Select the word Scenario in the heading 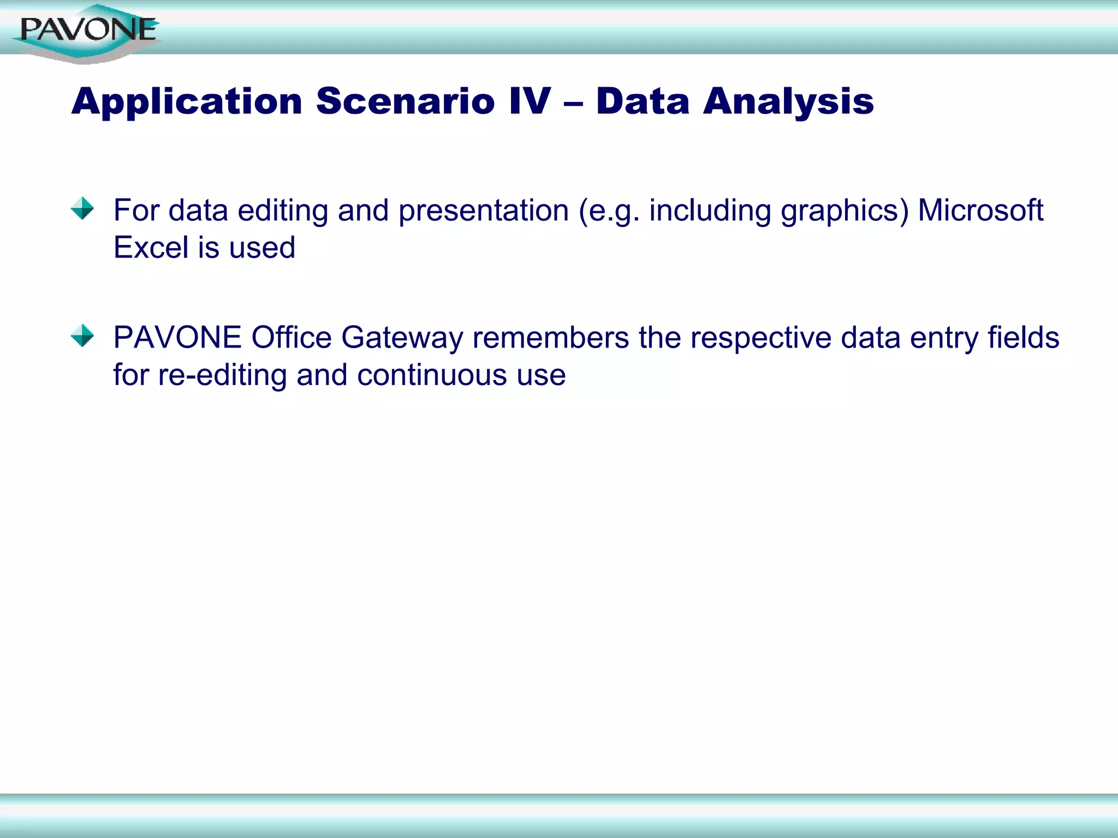pyautogui.click(x=405, y=102)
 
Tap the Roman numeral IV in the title pyautogui.click(x=530, y=102)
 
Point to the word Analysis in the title pyautogui.click(x=788, y=102)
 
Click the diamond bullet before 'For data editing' pyautogui.click(x=82, y=208)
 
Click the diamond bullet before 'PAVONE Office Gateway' pyautogui.click(x=82, y=336)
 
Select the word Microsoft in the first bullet pyautogui.click(x=980, y=211)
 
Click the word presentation pyautogui.click(x=483, y=211)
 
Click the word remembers pyautogui.click(x=550, y=338)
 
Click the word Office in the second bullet pyautogui.click(x=291, y=338)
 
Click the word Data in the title pyautogui.click(x=643, y=102)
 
